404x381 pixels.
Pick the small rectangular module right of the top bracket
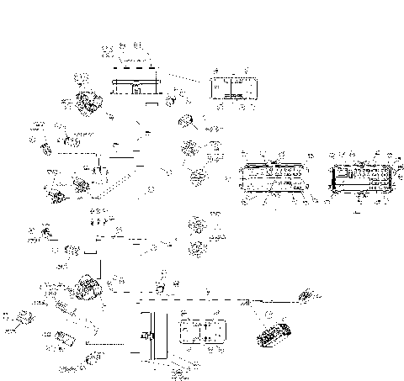[231, 89]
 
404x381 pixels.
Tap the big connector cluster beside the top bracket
[88, 103]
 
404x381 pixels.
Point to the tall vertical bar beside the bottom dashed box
[143, 334]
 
